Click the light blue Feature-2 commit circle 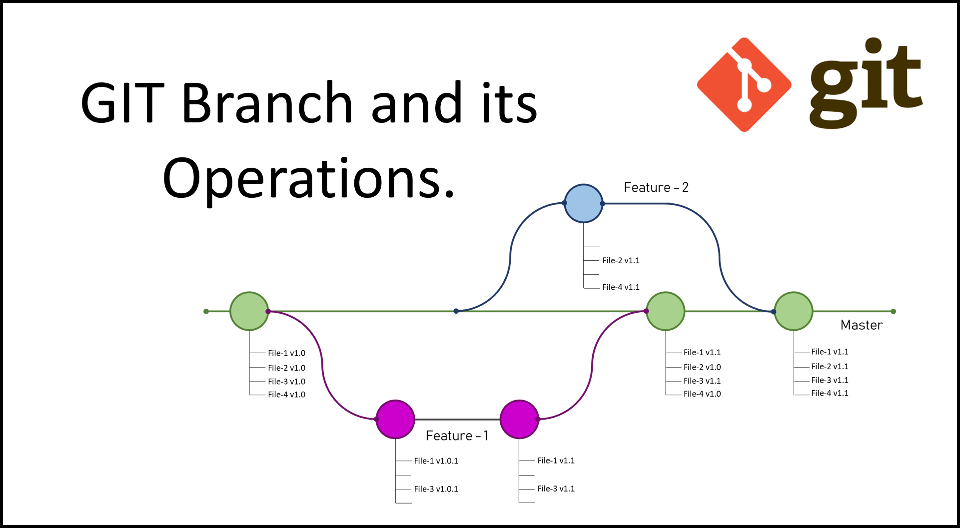(583, 203)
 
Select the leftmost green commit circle (249, 311)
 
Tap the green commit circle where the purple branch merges (665, 311)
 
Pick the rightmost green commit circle (793, 311)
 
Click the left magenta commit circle (395, 419)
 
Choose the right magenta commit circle (519, 419)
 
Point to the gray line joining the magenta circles (457, 419)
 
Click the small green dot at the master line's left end (206, 311)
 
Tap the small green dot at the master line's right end (893, 311)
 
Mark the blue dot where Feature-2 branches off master (456, 311)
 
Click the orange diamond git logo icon (744, 84)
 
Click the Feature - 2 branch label (657, 188)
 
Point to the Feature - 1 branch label (456, 436)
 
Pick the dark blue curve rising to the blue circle (510, 255)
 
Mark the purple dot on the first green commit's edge (268, 311)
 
